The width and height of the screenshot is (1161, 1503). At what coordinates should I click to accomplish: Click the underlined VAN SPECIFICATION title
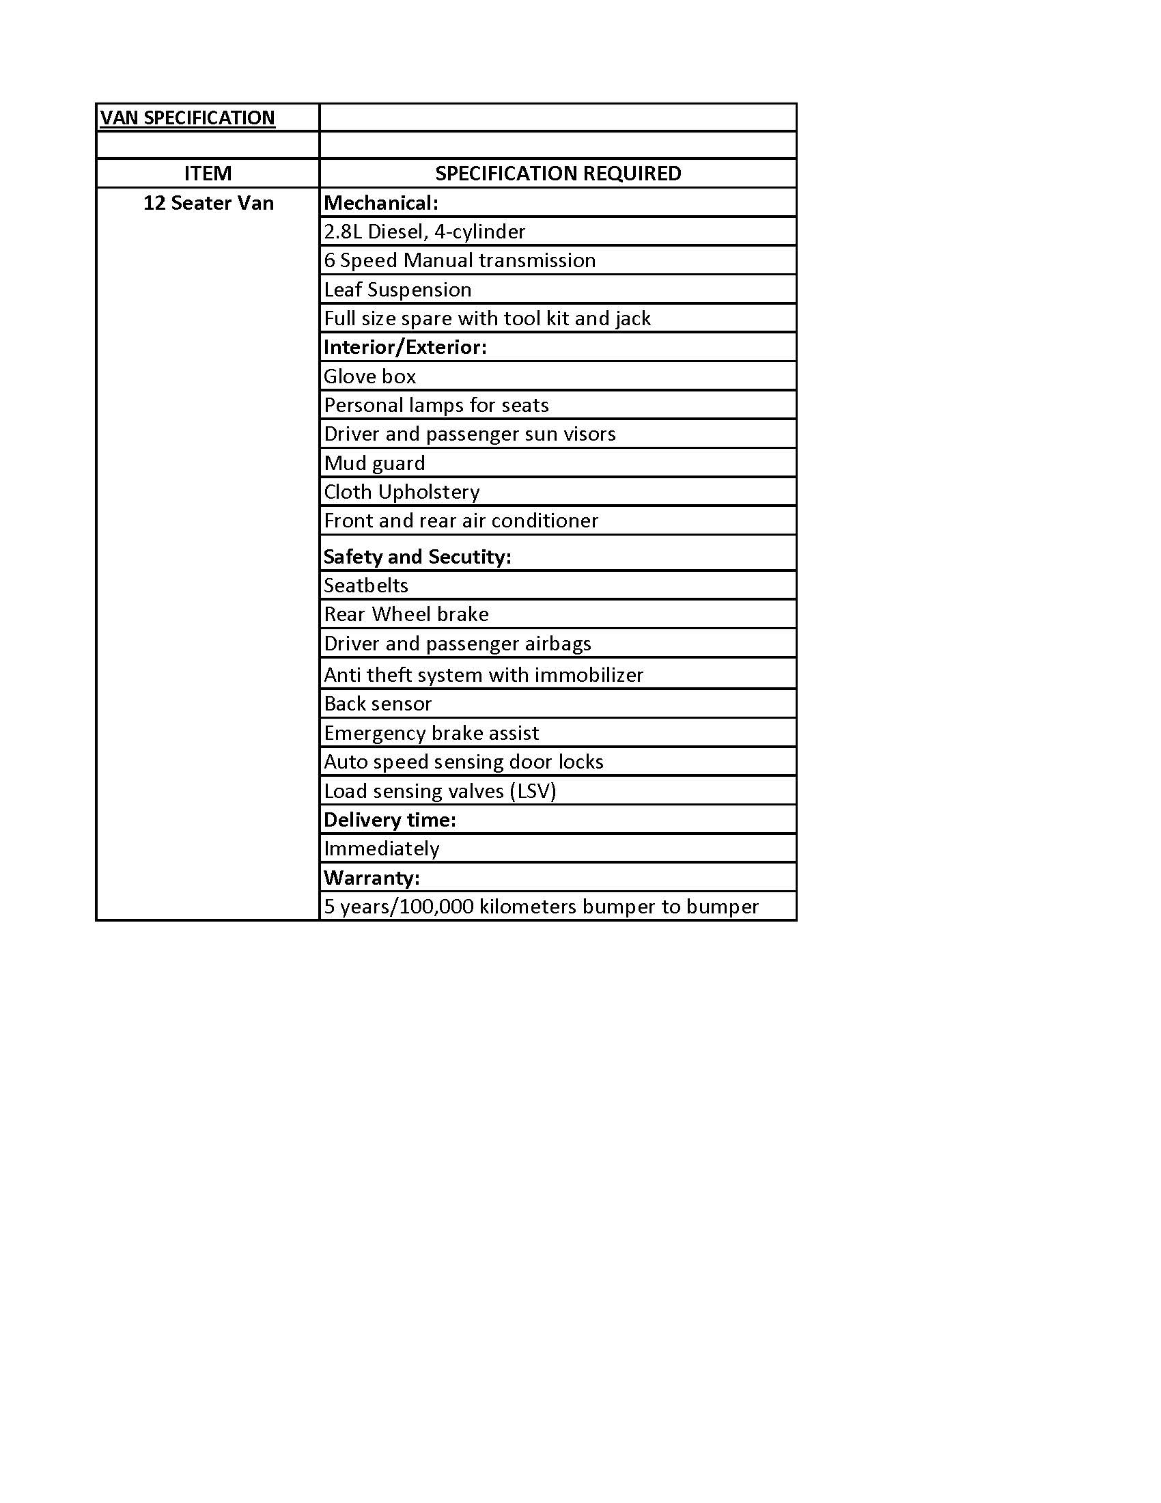point(187,118)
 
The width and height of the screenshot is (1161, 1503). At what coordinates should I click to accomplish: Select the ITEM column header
point(208,174)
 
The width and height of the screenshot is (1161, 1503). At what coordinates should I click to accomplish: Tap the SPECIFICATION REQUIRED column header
point(558,174)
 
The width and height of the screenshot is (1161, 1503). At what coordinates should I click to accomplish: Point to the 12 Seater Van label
point(208,203)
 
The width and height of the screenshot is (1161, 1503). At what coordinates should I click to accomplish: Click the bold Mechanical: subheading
point(380,203)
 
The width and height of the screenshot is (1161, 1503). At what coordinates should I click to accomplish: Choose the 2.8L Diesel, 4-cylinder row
point(424,232)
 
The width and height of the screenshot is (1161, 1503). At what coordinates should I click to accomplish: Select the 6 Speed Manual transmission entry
point(460,261)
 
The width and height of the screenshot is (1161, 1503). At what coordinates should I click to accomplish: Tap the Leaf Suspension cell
point(397,290)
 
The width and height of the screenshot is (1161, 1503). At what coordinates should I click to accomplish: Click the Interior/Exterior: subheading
point(404,347)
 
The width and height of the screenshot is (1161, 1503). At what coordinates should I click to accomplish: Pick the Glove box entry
point(370,376)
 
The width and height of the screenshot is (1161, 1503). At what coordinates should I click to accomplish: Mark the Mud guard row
point(374,463)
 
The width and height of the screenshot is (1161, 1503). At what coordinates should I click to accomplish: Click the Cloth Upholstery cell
point(402,492)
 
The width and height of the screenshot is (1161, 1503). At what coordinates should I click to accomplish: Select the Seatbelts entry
point(366,585)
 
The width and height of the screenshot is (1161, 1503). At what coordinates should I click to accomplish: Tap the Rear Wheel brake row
point(406,615)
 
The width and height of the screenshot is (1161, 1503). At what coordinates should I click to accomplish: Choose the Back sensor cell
point(378,704)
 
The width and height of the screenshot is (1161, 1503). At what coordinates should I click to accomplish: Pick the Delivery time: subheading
point(389,821)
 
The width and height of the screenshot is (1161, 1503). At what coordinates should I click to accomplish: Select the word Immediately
point(381,849)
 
